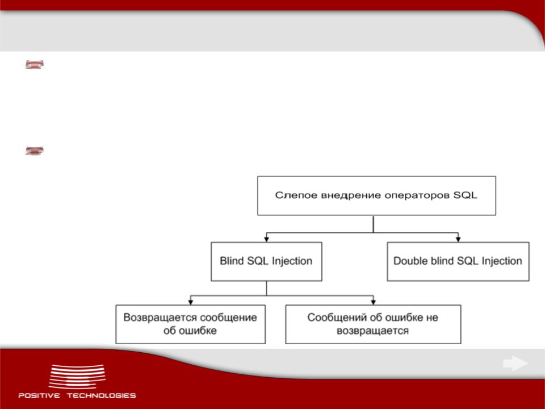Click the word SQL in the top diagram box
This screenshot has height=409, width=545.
click(465, 195)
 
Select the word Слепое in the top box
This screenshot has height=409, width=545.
click(296, 195)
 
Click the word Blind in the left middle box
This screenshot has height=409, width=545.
click(232, 261)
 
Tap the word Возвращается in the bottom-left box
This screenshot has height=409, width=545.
click(160, 318)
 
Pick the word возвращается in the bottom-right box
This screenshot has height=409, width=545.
click(372, 331)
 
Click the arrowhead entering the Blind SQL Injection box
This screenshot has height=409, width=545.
click(267, 239)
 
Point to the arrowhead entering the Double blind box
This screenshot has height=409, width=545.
click(458, 239)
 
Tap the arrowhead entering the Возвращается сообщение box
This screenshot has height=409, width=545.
click(191, 302)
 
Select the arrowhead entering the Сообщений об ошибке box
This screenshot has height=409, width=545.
click(374, 302)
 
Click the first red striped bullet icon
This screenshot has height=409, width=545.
click(35, 65)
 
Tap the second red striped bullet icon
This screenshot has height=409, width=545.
click(35, 151)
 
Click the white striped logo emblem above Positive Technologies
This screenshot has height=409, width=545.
click(77, 377)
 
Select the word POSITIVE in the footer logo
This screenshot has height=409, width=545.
click(39, 395)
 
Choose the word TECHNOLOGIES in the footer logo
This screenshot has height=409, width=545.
click(101, 395)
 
